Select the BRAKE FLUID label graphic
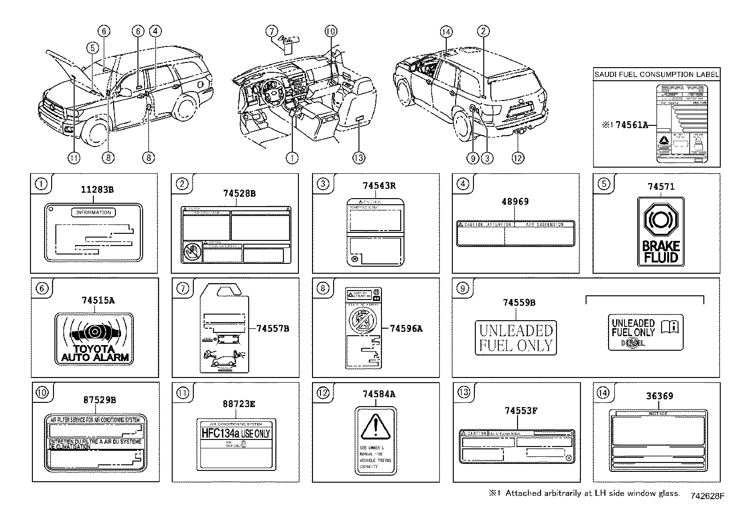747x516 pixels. [661, 231]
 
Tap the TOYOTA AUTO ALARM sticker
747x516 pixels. [94, 338]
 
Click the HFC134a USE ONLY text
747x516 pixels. [236, 433]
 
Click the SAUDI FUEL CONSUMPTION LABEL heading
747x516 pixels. [656, 74]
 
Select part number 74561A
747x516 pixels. [632, 125]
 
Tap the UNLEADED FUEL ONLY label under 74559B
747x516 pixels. [516, 338]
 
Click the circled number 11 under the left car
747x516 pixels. [74, 158]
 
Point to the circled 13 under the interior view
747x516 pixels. [358, 158]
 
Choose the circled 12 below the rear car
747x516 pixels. [518, 158]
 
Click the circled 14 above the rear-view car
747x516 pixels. [446, 31]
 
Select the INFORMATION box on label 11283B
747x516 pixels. [93, 213]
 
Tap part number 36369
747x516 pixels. [659, 396]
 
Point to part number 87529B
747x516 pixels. [99, 400]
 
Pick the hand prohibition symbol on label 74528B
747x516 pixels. [191, 253]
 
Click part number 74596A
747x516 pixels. [406, 329]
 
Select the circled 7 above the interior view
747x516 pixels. [271, 31]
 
